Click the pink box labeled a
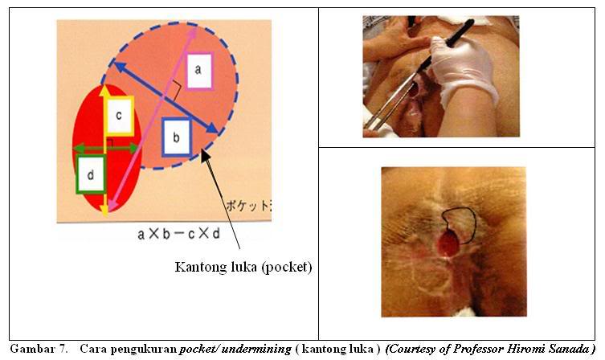(198, 72)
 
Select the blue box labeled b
(176, 137)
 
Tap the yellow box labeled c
(118, 115)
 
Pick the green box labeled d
(91, 174)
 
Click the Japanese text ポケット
(247, 204)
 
